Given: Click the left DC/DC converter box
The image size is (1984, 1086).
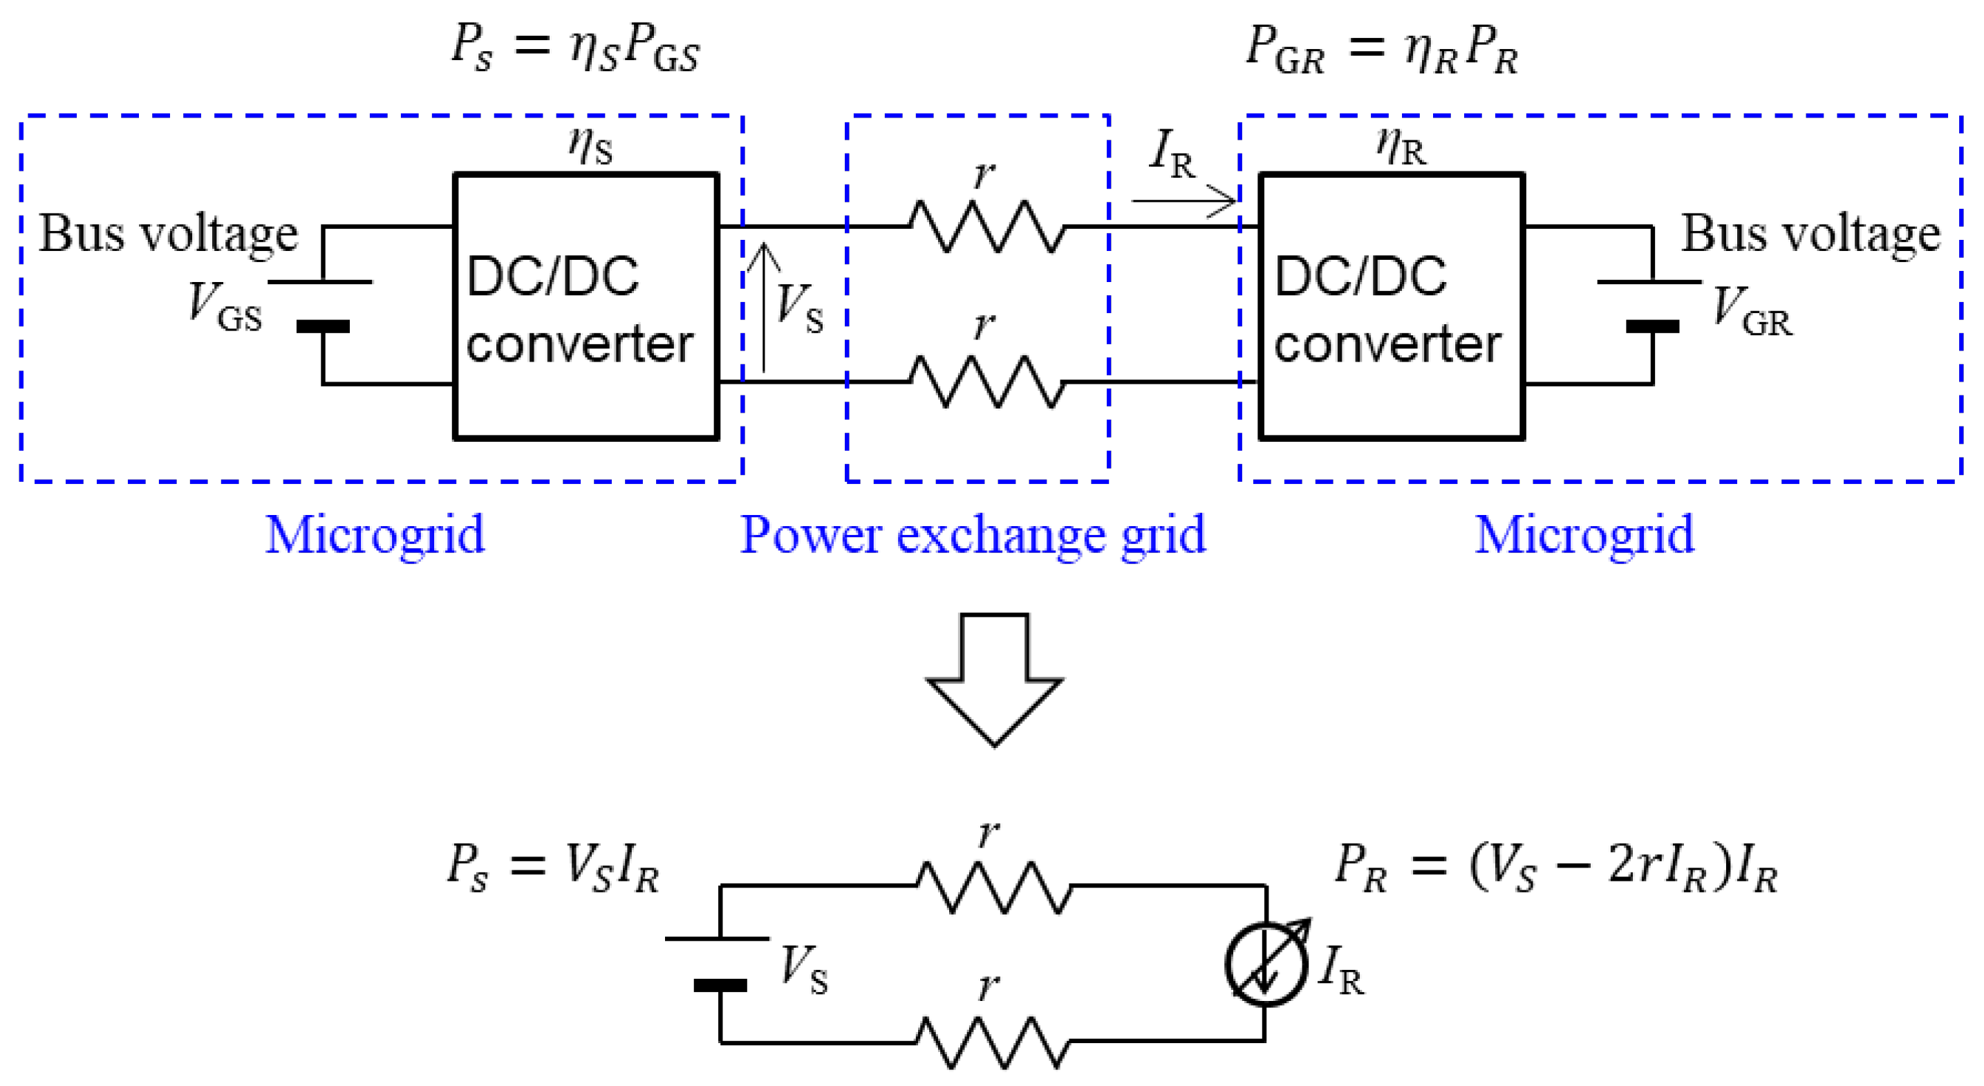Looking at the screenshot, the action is [586, 306].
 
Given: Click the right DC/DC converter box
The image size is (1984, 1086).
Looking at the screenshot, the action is [1392, 306].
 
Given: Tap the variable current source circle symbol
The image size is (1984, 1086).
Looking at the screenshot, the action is [1267, 963].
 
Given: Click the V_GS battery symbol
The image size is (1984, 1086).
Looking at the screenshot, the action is [322, 305].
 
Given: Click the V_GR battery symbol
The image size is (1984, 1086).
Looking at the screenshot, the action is [1651, 305].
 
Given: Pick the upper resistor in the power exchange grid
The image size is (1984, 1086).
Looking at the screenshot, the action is [987, 227].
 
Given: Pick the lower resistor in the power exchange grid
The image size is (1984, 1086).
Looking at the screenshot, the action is [987, 382].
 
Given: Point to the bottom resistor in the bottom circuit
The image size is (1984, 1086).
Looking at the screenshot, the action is [993, 1042].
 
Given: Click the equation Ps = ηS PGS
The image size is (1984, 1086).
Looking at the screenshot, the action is [575, 48].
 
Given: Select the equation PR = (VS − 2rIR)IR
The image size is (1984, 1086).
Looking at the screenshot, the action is [1557, 868].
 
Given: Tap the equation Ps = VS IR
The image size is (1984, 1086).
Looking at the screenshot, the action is [553, 868].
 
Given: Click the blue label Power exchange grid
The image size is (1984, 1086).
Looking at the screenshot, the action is [973, 534].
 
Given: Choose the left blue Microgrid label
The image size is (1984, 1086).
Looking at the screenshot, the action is [375, 534].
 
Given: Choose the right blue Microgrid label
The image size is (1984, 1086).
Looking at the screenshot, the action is [1584, 534].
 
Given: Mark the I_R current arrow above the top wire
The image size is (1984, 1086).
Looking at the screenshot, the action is [1183, 201].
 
